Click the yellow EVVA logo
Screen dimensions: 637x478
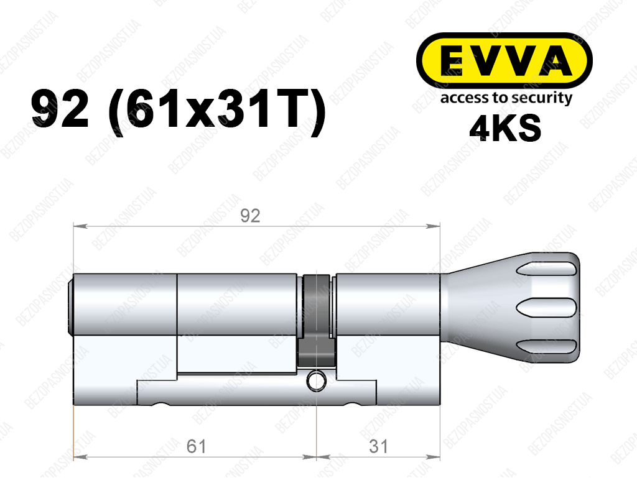[504, 61]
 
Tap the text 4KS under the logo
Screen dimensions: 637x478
[505, 128]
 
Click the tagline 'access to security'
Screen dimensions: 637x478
[506, 98]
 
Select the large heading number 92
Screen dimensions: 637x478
[60, 109]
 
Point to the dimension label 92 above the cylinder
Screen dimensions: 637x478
[250, 216]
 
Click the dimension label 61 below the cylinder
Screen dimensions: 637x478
[196, 446]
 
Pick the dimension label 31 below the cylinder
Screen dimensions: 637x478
[378, 446]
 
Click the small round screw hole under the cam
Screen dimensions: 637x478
[316, 381]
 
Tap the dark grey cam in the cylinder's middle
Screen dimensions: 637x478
[317, 321]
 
